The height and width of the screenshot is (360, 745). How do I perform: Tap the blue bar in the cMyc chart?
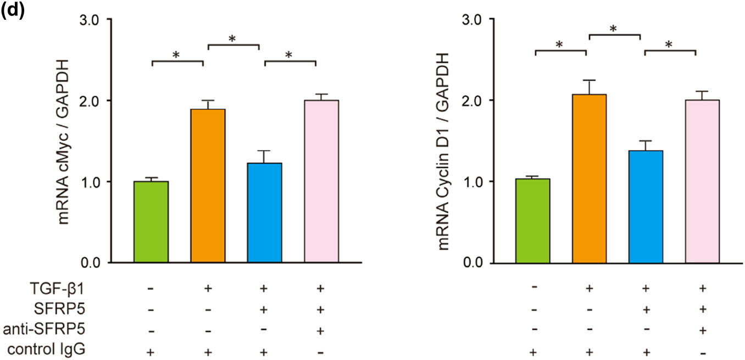coord(264,212)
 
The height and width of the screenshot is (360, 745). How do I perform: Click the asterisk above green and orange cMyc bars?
coord(176,55)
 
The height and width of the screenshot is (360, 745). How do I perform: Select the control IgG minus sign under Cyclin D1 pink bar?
coord(702,351)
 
